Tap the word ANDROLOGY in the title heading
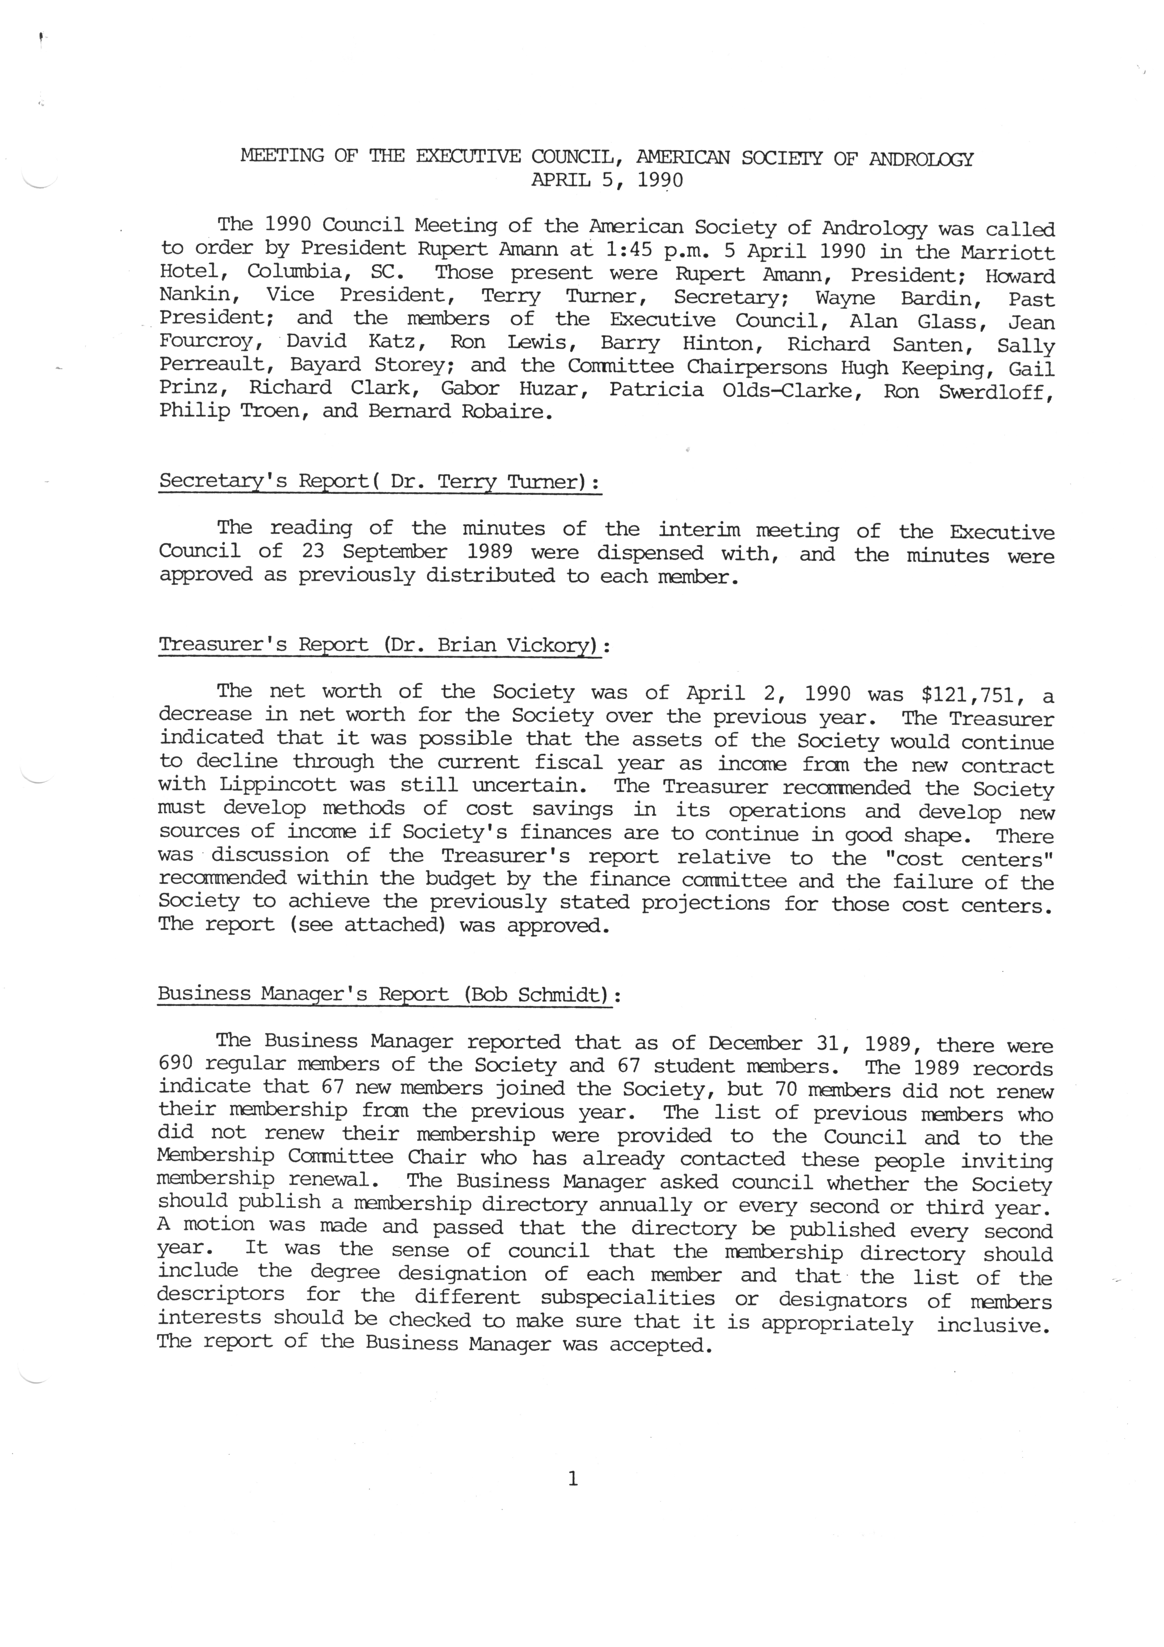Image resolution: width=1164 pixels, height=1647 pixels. tap(921, 159)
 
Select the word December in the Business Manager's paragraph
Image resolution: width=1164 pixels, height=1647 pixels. tap(755, 1042)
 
